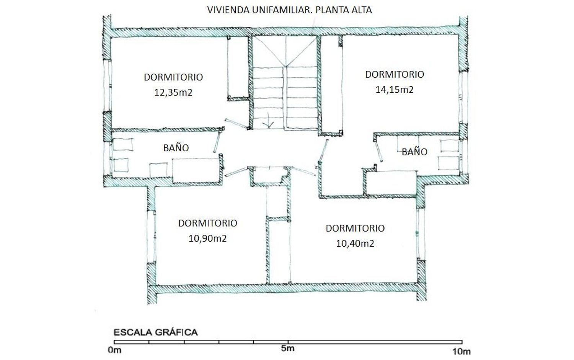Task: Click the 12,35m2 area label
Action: (173, 92)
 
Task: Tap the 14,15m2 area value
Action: (395, 90)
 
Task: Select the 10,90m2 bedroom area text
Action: (207, 239)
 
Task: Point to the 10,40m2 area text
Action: (355, 243)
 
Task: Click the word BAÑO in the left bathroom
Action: (176, 148)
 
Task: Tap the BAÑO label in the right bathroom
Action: (414, 152)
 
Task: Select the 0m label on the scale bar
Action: (114, 350)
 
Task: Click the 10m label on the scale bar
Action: (461, 352)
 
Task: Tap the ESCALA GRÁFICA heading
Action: (155, 332)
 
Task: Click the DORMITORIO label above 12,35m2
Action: (173, 77)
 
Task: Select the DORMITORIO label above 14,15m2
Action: (395, 74)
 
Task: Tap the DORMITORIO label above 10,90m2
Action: (207, 223)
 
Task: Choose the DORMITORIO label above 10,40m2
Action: (355, 228)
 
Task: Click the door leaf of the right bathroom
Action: (378, 151)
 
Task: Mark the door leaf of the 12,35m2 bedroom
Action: (236, 124)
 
